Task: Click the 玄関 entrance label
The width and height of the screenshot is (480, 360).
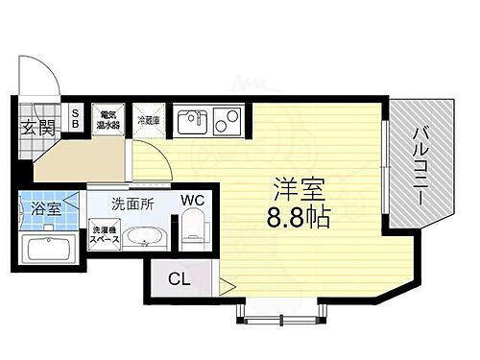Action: pos(37,129)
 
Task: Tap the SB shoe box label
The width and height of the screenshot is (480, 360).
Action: pos(77,120)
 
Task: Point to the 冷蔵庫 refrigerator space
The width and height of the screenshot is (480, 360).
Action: pos(148,121)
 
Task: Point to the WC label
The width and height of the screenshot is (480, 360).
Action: pos(196,201)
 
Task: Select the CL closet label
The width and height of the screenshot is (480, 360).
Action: pos(180,279)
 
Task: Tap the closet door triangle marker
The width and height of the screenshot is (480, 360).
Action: pos(226,284)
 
